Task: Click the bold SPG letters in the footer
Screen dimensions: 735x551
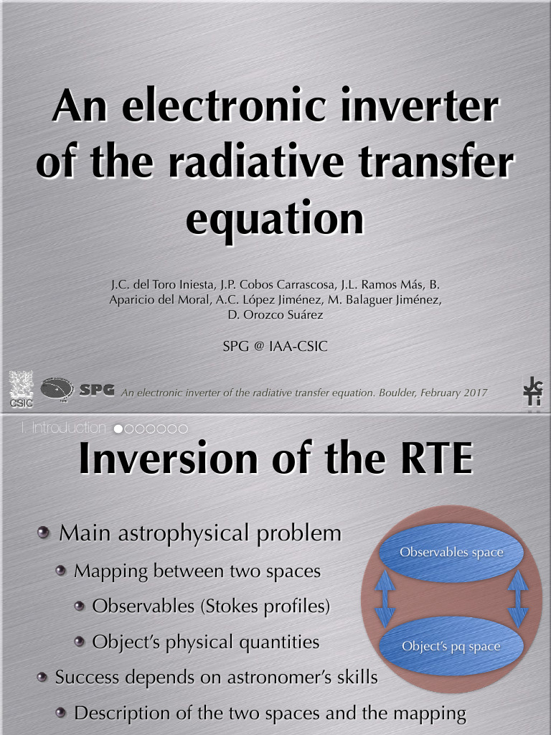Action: [x=97, y=390]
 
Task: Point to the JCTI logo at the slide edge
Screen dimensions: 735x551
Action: [x=532, y=390]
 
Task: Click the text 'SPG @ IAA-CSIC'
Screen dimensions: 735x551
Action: [x=275, y=347]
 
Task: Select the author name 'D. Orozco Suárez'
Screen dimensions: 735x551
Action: [x=275, y=314]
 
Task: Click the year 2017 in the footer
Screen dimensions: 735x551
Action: [x=474, y=393]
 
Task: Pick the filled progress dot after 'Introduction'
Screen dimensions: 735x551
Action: [x=118, y=429]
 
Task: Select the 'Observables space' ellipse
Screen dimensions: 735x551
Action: [x=451, y=552]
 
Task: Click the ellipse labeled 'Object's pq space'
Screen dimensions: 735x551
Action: [x=451, y=646]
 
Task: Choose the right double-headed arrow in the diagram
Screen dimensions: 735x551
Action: [x=518, y=598]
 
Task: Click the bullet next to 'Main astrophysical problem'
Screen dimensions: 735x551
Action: [x=44, y=533]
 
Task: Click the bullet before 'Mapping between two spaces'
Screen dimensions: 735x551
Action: [x=61, y=571]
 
